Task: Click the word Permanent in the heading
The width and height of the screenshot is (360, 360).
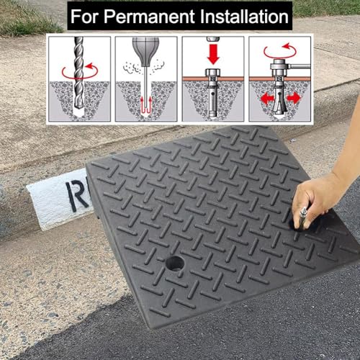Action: (x=149, y=17)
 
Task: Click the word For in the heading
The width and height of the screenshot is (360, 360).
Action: (x=84, y=17)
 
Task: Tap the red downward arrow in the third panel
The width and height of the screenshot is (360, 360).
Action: (x=213, y=54)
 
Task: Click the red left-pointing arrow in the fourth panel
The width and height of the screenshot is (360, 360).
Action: (x=267, y=99)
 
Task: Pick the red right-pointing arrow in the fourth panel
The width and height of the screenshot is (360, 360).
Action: (x=294, y=98)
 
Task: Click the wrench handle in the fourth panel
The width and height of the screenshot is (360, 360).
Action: (x=300, y=66)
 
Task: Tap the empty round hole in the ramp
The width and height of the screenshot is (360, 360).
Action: (x=175, y=264)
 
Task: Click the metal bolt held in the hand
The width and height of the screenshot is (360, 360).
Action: (x=302, y=218)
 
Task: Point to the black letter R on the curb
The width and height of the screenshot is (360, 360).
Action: (x=77, y=194)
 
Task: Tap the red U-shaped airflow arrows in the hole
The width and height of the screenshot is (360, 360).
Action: (x=145, y=105)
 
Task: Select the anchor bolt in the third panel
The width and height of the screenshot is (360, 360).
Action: (x=213, y=93)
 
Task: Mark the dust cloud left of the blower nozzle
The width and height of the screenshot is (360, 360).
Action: (x=132, y=68)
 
